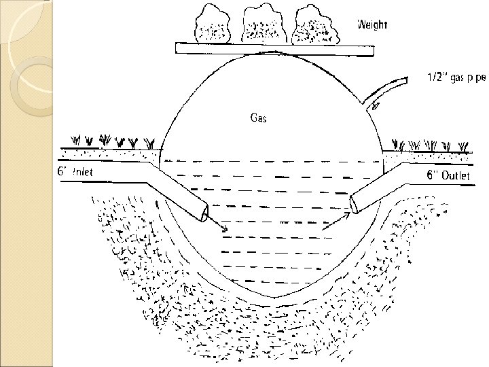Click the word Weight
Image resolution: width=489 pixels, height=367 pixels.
[x=372, y=25]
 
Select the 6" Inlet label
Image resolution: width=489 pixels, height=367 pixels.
[x=75, y=173]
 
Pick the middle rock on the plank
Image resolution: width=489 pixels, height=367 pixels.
[x=261, y=26]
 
